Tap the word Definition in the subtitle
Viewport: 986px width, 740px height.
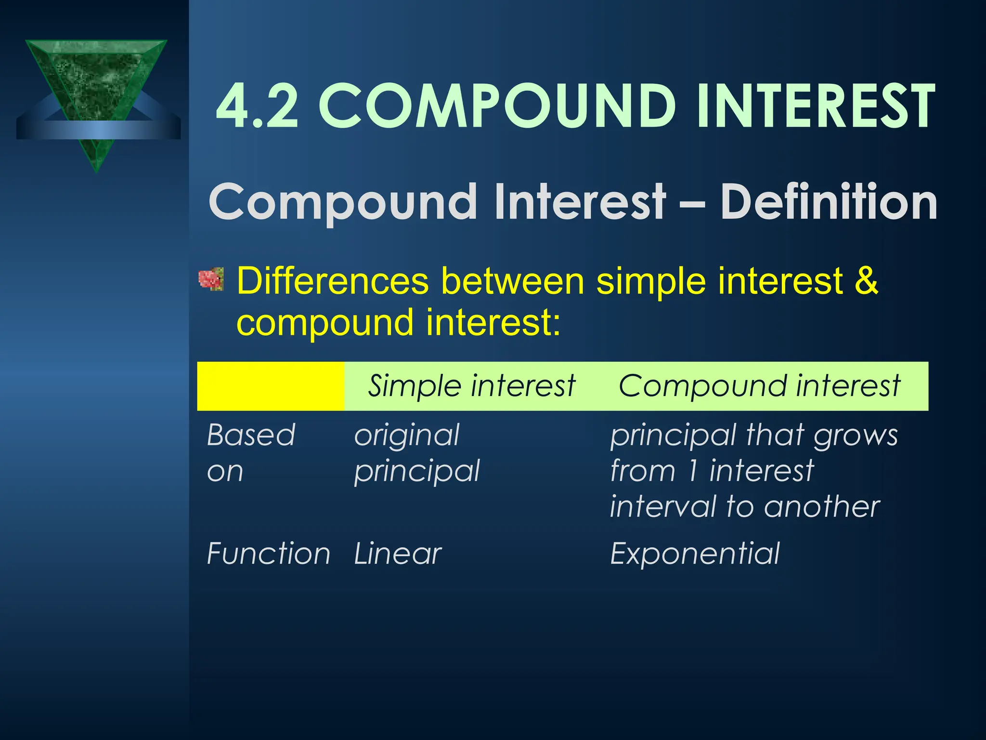(828, 202)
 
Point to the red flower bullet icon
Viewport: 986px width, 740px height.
(211, 279)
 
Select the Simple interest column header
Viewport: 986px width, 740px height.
(471, 386)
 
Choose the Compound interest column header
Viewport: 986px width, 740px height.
(759, 386)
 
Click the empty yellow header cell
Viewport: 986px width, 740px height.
(271, 386)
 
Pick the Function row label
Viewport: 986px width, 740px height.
(268, 554)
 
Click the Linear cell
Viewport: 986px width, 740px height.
(398, 554)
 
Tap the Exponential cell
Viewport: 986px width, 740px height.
(695, 554)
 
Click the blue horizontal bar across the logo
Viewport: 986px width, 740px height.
(98, 130)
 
